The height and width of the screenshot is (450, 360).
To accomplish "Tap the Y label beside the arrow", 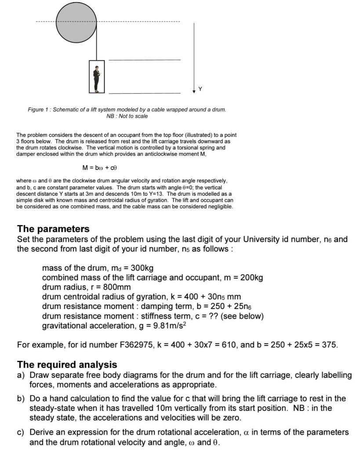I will click(200, 89).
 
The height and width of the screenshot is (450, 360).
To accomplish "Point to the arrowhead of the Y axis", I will click(194, 91).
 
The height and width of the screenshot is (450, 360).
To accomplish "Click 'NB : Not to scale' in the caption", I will click(127, 116).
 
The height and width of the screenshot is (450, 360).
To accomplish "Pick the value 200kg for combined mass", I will click(249, 278).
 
